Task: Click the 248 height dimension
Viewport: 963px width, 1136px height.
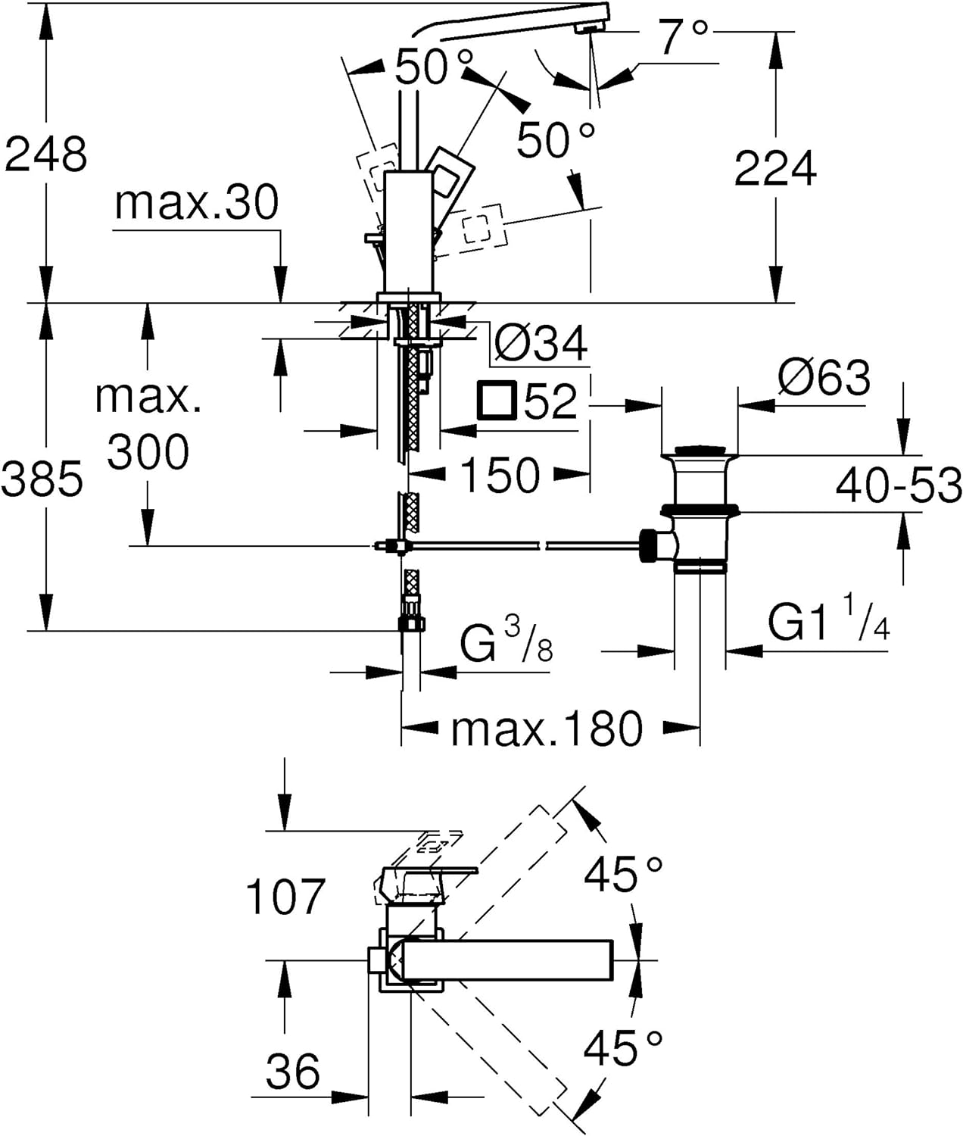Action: coord(46,154)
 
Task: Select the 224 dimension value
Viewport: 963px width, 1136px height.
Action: coord(775,168)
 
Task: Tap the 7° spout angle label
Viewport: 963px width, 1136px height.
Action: coord(684,38)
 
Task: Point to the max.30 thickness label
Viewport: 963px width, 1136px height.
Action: coord(197,203)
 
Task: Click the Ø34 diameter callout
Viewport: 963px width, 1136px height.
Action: coord(541,345)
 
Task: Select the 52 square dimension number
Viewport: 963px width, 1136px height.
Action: coord(550,401)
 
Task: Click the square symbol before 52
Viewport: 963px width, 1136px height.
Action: coord(497,401)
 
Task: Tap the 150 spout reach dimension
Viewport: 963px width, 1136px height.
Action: coord(500,475)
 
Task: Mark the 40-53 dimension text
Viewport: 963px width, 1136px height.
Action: coord(899,485)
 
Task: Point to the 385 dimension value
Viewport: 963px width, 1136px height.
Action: coord(42,479)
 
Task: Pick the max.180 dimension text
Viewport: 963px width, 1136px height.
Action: coord(547,729)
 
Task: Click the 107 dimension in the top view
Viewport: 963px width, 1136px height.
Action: coord(285,897)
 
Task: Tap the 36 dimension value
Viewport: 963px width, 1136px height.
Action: coord(293,1072)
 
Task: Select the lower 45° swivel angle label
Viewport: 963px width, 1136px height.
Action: coord(623,1048)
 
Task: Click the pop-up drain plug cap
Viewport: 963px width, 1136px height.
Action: coord(698,452)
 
